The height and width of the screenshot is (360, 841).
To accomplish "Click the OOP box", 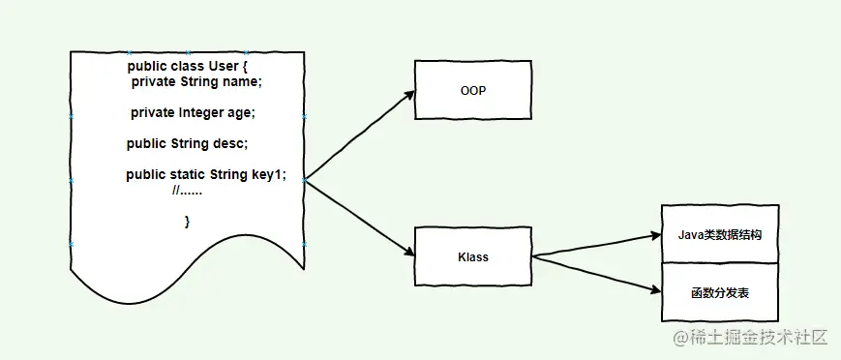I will [473, 90].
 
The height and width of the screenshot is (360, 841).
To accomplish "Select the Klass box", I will [473, 256].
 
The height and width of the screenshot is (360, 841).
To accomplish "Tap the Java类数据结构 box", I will [720, 233].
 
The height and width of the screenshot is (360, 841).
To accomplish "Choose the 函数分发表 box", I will [720, 291].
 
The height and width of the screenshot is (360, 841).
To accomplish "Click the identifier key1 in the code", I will [267, 174].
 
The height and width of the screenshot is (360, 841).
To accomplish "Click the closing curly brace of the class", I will [187, 222].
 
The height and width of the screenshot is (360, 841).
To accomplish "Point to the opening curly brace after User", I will [245, 66].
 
